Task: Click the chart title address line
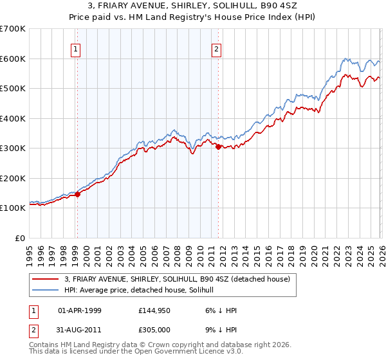[x=192, y=6]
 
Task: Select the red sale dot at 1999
[x=77, y=194]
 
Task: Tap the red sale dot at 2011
[x=218, y=147]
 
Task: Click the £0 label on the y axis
[x=19, y=238]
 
